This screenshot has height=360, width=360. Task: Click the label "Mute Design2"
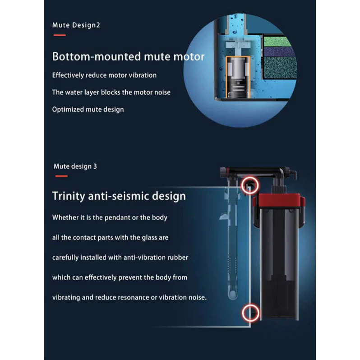(x=76, y=25)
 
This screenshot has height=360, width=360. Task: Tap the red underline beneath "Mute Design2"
(x=60, y=35)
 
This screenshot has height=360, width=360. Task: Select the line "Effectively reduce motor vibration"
(x=104, y=75)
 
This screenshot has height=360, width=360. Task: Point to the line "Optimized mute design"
(x=88, y=110)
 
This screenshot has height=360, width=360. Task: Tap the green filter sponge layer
(x=277, y=42)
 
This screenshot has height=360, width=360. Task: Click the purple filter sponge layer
(x=279, y=52)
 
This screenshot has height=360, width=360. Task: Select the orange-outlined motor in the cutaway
(x=238, y=77)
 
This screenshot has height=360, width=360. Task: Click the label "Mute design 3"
(x=75, y=166)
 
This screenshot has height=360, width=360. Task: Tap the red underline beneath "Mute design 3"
(x=61, y=176)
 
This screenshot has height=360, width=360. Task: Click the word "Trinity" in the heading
(x=69, y=196)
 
